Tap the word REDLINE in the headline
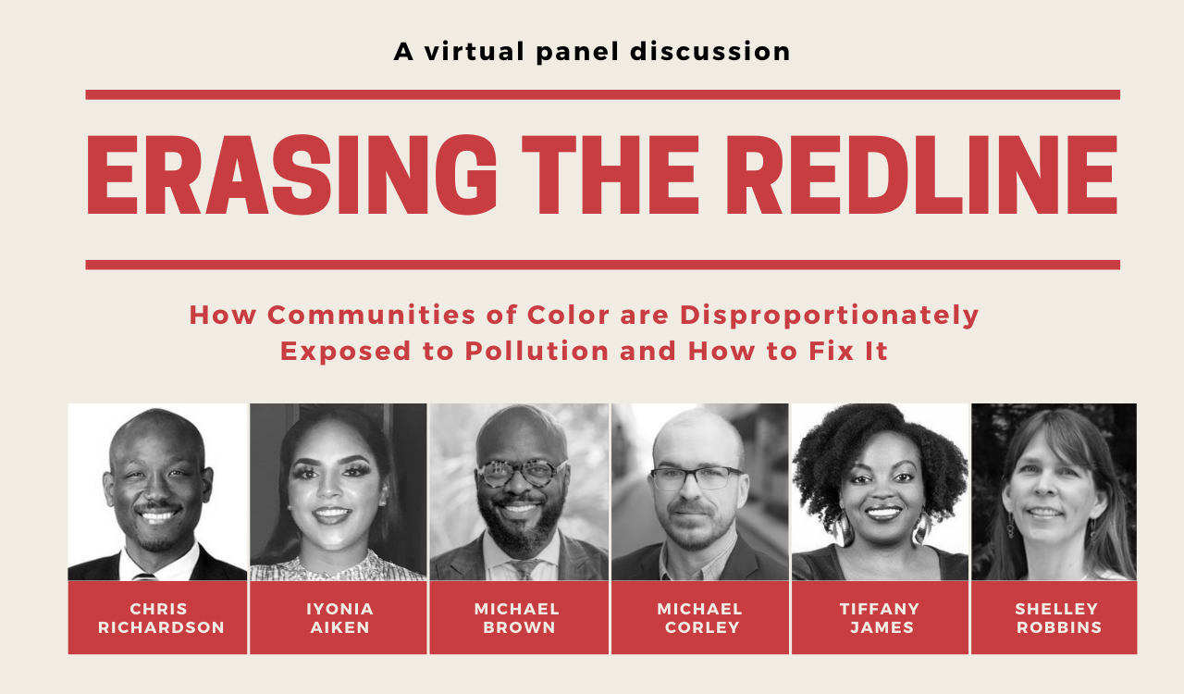pos(922,175)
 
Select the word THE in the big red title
pos(610,175)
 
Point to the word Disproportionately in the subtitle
pos(830,316)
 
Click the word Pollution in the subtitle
pos(536,352)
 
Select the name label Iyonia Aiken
pos(339,618)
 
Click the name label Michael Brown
pos(517,618)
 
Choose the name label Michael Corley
pos(700,618)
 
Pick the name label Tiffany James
pos(880,618)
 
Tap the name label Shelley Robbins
pos(1057,618)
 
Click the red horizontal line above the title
pos(602,94)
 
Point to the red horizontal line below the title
pos(602,265)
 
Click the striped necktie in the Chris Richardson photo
pos(145,576)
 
